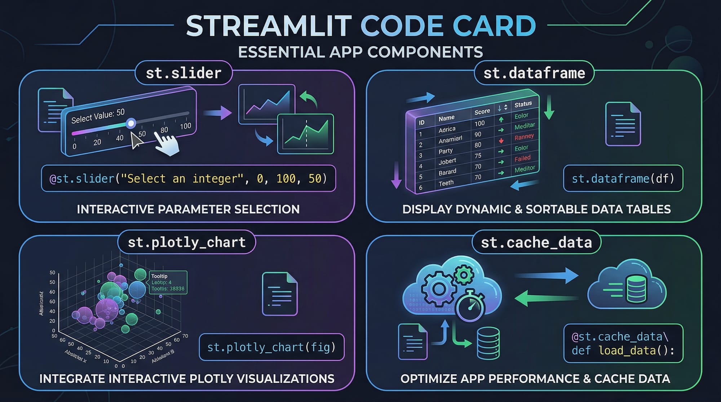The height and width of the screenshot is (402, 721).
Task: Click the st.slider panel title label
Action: pyautogui.click(x=183, y=73)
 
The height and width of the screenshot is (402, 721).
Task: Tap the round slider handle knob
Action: pyautogui.click(x=131, y=123)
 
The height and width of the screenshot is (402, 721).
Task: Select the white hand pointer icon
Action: pyautogui.click(x=167, y=144)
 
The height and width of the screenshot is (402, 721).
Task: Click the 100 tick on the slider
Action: pyautogui.click(x=185, y=126)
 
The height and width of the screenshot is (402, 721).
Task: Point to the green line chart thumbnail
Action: pyautogui.click(x=305, y=134)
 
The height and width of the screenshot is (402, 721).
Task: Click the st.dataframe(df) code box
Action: pyautogui.click(x=623, y=178)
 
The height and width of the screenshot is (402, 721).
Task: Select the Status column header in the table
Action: pyautogui.click(x=523, y=104)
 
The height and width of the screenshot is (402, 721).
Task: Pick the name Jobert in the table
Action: pyautogui.click(x=447, y=161)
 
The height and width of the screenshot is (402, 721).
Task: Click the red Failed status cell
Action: pyautogui.click(x=522, y=158)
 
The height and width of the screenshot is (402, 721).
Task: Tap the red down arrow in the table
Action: pyautogui.click(x=501, y=141)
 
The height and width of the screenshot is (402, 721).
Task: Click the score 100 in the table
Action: pyautogui.click(x=479, y=124)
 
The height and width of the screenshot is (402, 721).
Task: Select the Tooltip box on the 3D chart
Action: pyautogui.click(x=168, y=282)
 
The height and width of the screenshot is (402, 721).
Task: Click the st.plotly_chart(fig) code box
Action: pyautogui.click(x=271, y=347)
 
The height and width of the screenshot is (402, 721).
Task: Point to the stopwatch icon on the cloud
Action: pyautogui.click(x=470, y=305)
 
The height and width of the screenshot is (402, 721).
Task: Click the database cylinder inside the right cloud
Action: pyautogui.click(x=636, y=289)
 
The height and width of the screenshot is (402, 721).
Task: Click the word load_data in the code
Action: pyautogui.click(x=627, y=350)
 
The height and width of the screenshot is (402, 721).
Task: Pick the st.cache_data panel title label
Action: pyautogui.click(x=536, y=243)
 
